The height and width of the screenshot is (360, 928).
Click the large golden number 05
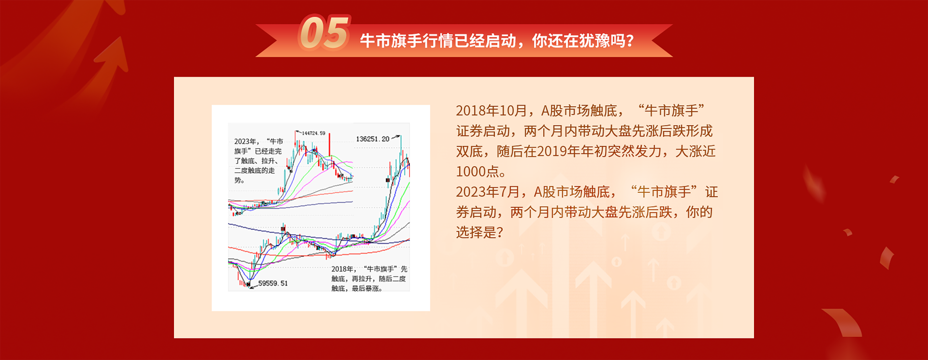[x=324, y=33]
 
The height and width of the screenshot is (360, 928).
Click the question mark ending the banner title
[x=630, y=41]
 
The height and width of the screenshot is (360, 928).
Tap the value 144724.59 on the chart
[x=314, y=133]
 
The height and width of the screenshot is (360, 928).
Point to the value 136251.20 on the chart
[x=373, y=139]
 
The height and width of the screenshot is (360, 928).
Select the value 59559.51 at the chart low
[x=273, y=283]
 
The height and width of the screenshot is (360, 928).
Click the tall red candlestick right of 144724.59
[x=330, y=145]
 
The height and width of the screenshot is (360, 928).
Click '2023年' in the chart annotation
[x=245, y=142]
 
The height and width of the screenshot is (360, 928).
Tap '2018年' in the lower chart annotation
[x=342, y=269]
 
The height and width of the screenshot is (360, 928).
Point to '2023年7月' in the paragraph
[x=488, y=192]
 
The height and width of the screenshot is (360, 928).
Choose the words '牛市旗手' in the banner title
[x=391, y=41]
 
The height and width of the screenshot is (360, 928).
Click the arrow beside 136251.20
[x=395, y=137]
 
